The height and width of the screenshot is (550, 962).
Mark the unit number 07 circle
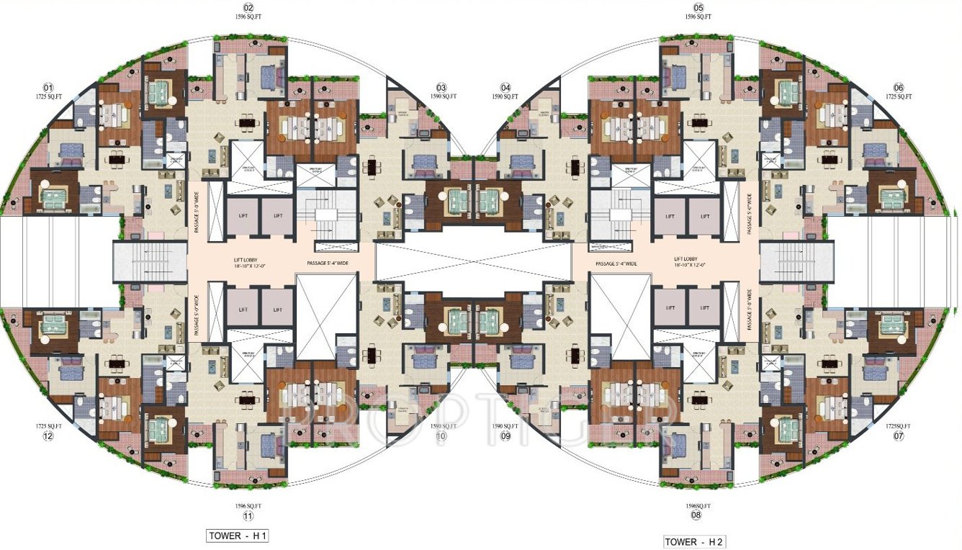click(898, 436)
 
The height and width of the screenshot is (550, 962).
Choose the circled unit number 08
click(696, 515)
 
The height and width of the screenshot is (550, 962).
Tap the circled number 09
click(505, 436)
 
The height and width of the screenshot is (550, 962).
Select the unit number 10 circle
click(441, 436)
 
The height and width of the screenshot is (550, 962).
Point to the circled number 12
click(48, 436)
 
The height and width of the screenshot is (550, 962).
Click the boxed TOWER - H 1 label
click(237, 536)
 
